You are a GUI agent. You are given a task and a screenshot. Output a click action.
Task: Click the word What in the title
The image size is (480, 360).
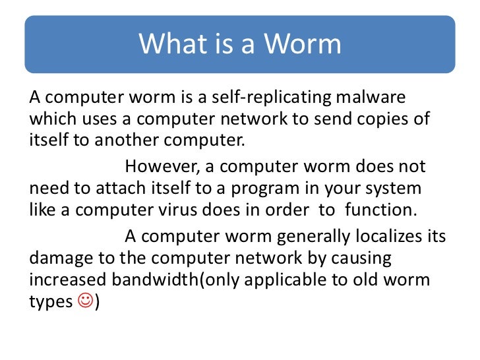click(169, 44)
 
